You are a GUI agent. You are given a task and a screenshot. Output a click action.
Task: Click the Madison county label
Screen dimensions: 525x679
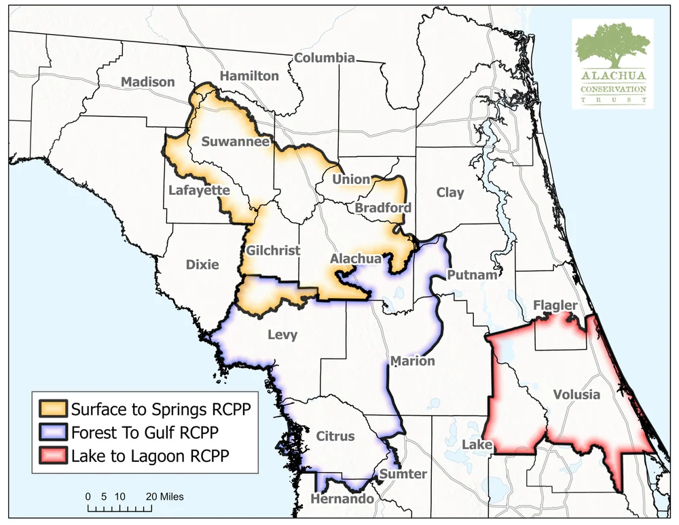coord(147,82)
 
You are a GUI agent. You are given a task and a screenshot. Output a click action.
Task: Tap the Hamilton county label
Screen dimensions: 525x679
coord(249,75)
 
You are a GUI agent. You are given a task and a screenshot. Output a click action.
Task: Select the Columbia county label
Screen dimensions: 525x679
coord(324,58)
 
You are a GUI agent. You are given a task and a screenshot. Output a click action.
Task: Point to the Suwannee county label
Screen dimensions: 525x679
coord(236,142)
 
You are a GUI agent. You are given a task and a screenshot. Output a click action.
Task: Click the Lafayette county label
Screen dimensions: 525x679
coord(199,190)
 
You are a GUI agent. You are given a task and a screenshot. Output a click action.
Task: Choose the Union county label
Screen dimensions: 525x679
coord(351,179)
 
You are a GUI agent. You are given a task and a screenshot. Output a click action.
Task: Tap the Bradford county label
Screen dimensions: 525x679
coord(383,207)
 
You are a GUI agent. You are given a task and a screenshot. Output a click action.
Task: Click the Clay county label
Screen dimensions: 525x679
coord(450,193)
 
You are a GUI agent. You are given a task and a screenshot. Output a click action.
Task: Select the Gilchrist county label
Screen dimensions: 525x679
coord(274,250)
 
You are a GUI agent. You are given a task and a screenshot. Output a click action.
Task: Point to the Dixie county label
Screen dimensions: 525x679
coord(202,264)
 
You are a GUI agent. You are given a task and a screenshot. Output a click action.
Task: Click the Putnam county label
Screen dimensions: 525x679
coord(472,275)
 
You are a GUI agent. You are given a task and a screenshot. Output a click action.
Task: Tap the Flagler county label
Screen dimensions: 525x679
coord(555,306)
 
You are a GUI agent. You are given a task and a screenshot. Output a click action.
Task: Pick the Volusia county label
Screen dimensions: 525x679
coord(576,394)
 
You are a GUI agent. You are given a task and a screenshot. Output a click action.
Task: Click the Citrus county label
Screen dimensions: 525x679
coord(335,436)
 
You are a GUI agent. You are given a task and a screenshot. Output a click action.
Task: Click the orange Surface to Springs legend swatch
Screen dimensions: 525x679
coord(53,409)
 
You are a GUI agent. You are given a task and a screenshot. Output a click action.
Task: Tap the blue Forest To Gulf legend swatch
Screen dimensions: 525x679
coord(53,432)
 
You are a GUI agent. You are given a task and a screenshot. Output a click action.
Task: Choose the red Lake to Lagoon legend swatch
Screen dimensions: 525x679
coord(53,455)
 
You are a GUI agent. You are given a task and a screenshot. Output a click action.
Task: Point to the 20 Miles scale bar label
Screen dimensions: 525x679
coord(160,496)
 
